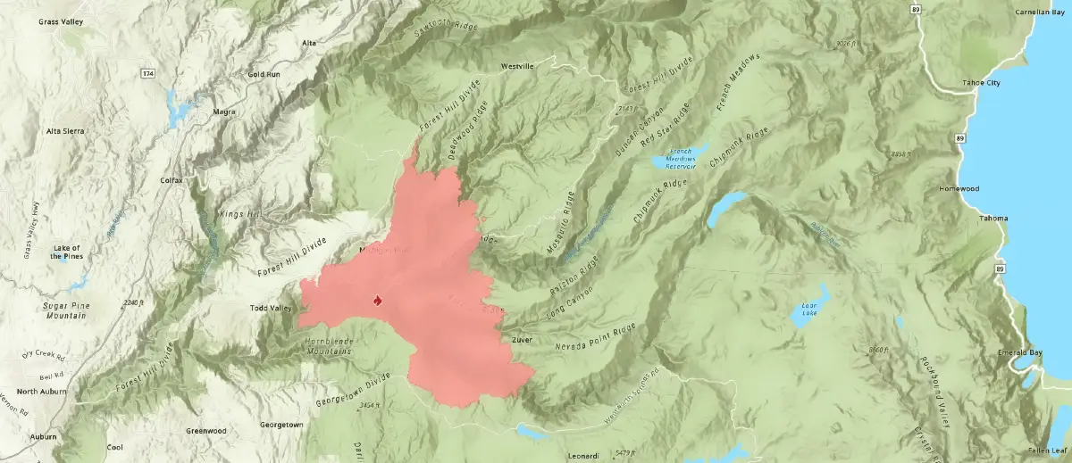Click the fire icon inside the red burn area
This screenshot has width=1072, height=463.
click(x=378, y=300)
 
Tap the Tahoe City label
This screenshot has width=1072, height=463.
click(x=979, y=83)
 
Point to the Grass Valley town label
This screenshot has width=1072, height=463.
click(x=61, y=21)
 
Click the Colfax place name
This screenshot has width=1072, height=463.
click(x=171, y=180)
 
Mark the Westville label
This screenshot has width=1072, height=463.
click(x=516, y=66)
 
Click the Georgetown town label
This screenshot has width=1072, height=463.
click(x=281, y=425)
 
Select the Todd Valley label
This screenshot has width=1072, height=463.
click(x=271, y=309)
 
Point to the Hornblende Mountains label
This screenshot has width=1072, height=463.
click(x=315, y=347)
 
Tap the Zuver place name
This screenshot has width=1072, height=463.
click(x=523, y=340)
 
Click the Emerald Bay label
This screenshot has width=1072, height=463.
click(x=1020, y=352)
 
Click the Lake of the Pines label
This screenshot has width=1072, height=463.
click(x=66, y=252)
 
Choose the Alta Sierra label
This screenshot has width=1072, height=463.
click(x=65, y=131)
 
